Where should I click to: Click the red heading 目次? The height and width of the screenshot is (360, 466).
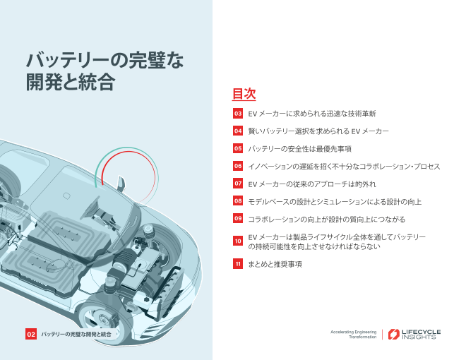[244, 94]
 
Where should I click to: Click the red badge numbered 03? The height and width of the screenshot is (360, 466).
[238, 113]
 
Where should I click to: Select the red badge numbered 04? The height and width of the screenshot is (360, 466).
[238, 131]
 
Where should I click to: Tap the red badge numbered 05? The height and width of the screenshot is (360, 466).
[238, 148]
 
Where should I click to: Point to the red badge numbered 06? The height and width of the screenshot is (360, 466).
[238, 166]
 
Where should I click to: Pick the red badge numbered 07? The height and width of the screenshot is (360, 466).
[238, 184]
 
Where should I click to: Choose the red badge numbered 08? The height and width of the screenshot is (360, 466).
[238, 201]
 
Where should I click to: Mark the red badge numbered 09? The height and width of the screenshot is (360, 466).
[238, 219]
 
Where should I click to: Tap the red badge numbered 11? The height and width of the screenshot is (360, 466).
[238, 264]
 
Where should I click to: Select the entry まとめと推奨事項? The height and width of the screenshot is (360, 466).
[275, 264]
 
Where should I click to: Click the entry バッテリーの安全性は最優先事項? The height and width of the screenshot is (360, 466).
[299, 148]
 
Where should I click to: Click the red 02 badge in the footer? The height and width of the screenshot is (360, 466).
[31, 333]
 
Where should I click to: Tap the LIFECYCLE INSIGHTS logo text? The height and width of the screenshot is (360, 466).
[419, 334]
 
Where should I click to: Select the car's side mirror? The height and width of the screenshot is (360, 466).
[121, 185]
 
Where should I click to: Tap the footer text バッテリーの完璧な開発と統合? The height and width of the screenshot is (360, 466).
[76, 333]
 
